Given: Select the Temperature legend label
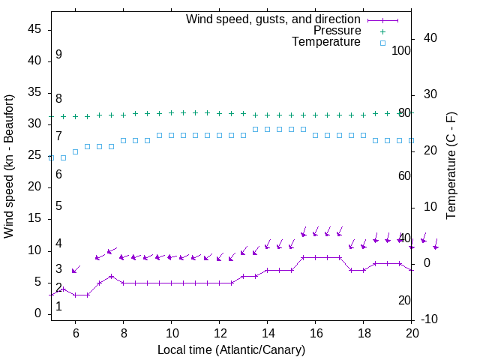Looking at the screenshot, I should click(326, 42).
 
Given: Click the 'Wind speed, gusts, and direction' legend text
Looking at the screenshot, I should click(274, 19).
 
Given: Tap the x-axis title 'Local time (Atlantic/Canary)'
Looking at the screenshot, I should click(231, 349).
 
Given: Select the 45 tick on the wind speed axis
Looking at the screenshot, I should click(34, 29).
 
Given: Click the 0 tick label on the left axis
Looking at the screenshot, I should click(38, 313).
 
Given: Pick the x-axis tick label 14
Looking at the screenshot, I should click(268, 332).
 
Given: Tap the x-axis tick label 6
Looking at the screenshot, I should click(76, 332).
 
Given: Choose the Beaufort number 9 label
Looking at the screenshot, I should click(58, 55).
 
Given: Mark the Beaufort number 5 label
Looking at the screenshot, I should click(58, 206).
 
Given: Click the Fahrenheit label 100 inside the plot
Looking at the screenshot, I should click(401, 50).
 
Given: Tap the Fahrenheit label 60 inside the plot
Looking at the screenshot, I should click(404, 175).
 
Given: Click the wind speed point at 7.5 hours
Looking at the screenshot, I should click(111, 276).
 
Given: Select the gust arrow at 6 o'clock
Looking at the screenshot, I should click(76, 269).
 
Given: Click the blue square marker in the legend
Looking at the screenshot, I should click(382, 43).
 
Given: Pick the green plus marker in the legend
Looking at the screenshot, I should click(382, 31).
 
